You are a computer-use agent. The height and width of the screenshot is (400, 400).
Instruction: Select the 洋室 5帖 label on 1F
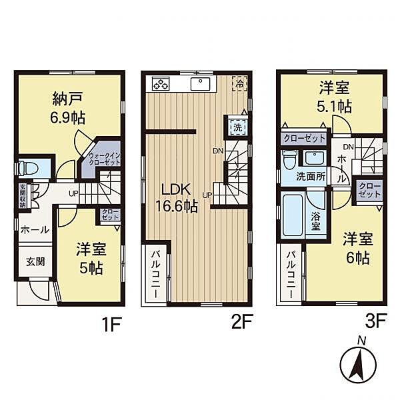coord(88,259)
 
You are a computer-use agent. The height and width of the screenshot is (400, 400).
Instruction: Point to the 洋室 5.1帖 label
coord(333,97)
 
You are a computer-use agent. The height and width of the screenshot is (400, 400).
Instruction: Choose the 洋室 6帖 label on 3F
coord(356,247)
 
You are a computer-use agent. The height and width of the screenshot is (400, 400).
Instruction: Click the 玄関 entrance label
coord(36,262)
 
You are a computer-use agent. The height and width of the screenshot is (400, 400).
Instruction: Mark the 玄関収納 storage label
coord(22,195)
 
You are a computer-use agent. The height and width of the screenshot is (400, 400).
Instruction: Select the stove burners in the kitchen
coord(162,84)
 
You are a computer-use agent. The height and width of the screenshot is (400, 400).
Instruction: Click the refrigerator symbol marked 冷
coord(239,84)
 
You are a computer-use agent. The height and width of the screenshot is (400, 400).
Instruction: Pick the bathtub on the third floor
coord(293,215)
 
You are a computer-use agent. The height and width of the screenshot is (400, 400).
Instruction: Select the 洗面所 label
coord(310,178)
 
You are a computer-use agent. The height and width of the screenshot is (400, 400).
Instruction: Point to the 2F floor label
coord(241,325)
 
